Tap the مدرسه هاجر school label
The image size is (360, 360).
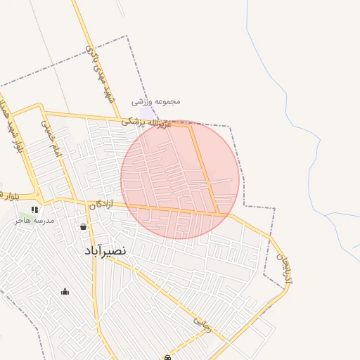pos(39,221)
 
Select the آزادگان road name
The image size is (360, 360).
pos(100,205)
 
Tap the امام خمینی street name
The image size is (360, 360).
pos(51,137)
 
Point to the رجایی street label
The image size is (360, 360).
pos(202,321)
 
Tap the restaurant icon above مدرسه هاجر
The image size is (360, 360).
pos(34,210)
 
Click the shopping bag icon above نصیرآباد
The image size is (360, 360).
pos(84,227)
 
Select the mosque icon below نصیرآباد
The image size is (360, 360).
pos(65,292)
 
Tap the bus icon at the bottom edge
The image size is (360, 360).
pos(167,357)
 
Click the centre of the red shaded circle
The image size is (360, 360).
pos(180,179)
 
